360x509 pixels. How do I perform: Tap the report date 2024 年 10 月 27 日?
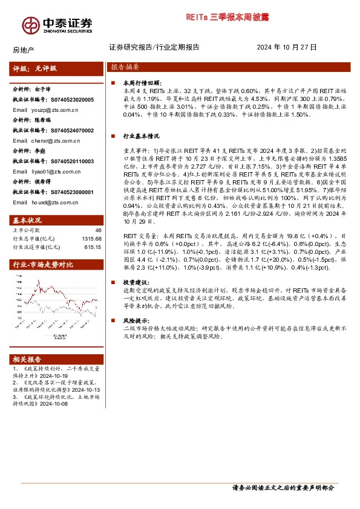coord(287,47)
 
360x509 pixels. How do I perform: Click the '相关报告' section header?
coord(28,357)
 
